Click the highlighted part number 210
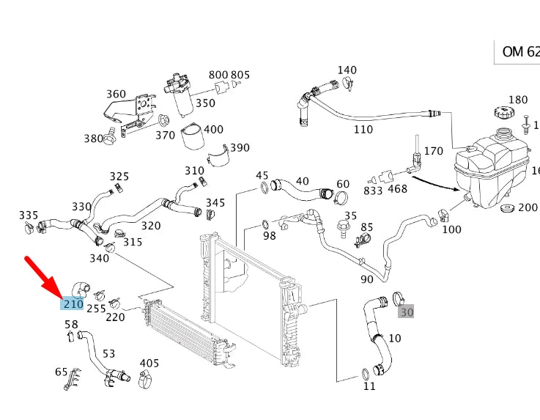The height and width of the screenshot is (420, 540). point(73,303)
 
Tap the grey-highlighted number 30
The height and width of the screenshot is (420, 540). point(406,312)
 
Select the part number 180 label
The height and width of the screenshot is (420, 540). point(518,100)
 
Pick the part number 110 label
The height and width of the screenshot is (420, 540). point(363,130)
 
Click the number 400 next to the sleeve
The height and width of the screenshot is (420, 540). point(213,130)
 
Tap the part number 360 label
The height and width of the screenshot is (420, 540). point(116,94)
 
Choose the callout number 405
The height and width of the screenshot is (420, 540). point(149,363)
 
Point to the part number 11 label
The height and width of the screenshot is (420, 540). point(369,386)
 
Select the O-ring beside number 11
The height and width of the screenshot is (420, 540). point(365,375)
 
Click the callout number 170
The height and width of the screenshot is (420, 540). point(434,151)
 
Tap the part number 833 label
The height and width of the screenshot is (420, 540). point(373,191)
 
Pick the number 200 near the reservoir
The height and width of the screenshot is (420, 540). point(528,207)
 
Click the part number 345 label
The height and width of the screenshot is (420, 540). point(215,202)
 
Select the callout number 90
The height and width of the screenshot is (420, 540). point(367,279)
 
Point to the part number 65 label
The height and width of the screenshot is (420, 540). point(62,372)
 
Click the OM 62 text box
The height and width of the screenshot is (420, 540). point(519,53)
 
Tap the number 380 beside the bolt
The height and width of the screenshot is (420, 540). point(93,138)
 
